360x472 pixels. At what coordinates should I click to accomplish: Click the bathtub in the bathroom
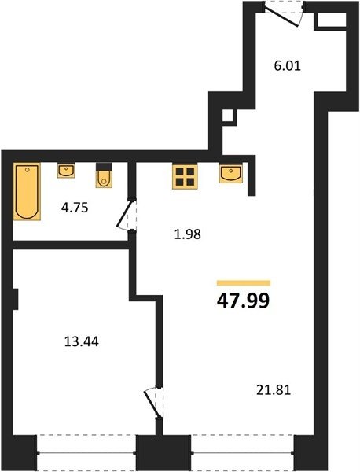[x=27, y=191]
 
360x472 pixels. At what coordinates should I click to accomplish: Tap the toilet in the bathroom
[x=104, y=175]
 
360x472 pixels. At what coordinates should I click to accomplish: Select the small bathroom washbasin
[x=66, y=171]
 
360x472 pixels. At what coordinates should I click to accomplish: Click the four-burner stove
[x=185, y=177]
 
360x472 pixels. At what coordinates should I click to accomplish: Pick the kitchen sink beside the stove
[x=231, y=174]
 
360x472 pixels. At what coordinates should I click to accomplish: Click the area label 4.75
[x=75, y=208]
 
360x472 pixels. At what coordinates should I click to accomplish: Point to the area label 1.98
[x=188, y=234]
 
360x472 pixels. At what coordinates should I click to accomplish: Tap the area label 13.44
[x=82, y=341]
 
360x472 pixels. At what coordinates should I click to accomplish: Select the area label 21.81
[x=274, y=390]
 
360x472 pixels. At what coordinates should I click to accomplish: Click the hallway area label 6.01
[x=288, y=65]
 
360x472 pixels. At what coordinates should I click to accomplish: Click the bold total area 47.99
[x=244, y=301]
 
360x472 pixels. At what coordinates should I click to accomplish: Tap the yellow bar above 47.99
[x=244, y=282]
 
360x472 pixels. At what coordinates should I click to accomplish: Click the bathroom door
[x=127, y=215]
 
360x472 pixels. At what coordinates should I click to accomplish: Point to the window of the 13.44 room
[x=86, y=452]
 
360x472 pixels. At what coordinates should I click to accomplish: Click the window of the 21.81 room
[x=243, y=452]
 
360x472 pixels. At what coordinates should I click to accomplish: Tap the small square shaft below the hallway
[x=228, y=116]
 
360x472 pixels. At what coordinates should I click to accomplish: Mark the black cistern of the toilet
[x=104, y=167]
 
